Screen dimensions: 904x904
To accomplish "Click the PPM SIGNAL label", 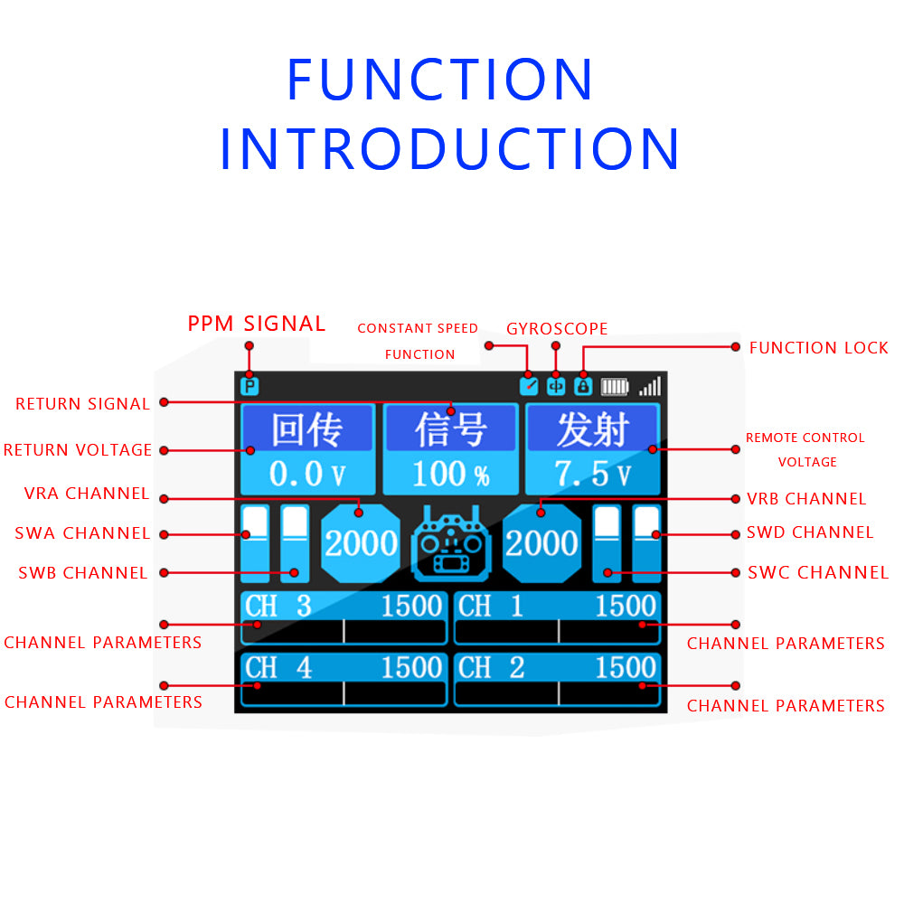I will (257, 324).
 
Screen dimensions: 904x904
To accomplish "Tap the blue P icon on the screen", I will (250, 387).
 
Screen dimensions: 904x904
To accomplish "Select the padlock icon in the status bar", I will (583, 387).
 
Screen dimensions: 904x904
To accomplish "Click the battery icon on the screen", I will (615, 387).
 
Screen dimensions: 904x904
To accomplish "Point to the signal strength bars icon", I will (650, 387).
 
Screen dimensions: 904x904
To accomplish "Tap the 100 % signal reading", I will (450, 473).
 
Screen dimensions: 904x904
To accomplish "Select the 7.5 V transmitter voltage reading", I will (593, 473).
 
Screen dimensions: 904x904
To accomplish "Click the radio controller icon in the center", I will (451, 544).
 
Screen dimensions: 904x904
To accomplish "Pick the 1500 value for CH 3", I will (411, 607).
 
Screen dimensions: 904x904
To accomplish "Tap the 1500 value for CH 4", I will (411, 668).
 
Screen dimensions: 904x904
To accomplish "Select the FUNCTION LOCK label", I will (818, 348).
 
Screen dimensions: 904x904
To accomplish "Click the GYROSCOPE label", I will (557, 328).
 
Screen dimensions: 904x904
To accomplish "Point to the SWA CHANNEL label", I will (82, 533).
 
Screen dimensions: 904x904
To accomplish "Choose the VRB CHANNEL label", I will (806, 499).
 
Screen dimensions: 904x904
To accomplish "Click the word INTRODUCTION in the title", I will (449, 150).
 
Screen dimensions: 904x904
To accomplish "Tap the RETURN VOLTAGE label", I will (78, 450).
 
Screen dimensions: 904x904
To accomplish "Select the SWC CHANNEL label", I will (818, 572).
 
